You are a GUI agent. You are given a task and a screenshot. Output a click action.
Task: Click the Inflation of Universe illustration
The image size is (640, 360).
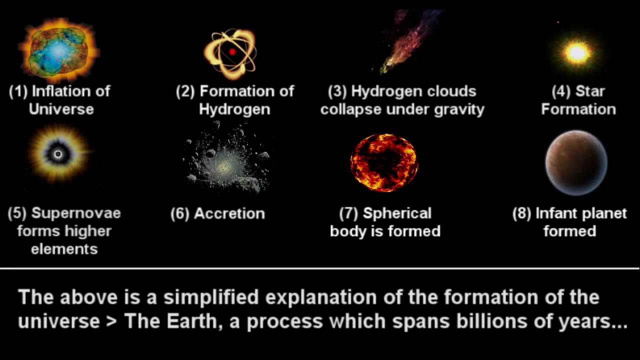pos(59,50)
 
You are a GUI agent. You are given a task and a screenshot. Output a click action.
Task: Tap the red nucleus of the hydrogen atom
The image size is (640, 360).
pos(232,51)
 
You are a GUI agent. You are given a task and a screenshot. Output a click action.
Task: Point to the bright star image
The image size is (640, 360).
pos(576,52)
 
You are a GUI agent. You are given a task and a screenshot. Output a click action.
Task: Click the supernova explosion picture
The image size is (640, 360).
pos(58,154)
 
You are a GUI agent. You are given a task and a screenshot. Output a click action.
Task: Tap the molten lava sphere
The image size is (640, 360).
pos(384,162)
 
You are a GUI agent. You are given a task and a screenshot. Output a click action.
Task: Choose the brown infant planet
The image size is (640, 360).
pos(576,162)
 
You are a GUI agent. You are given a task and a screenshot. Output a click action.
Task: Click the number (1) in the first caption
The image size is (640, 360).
pos(18,91)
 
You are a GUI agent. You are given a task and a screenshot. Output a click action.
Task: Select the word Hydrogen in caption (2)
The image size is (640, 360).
pos(234,109)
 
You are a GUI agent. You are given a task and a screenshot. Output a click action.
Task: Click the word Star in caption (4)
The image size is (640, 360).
pos(590,91)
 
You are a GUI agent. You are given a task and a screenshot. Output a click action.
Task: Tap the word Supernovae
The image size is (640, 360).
pos(76,213)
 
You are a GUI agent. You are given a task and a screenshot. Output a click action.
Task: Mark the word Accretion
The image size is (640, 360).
pos(229,213)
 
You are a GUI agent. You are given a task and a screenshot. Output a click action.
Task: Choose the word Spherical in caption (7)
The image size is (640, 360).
pos(397,213)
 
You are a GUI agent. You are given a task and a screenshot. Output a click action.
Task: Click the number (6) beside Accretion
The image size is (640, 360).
pos(179,213)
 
